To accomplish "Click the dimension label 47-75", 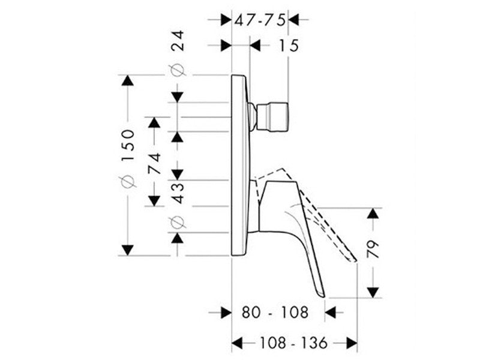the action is point(260,20).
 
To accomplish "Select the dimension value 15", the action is point(289,46).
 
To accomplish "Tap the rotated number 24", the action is point(178,40).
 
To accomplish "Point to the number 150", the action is point(128,145).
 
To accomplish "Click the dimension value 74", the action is point(154,163).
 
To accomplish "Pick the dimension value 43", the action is point(178,193).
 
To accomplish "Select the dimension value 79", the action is point(373,249).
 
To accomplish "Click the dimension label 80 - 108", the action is point(275,313).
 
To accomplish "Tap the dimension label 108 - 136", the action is point(293,343).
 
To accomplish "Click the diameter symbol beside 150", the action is point(128,182).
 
